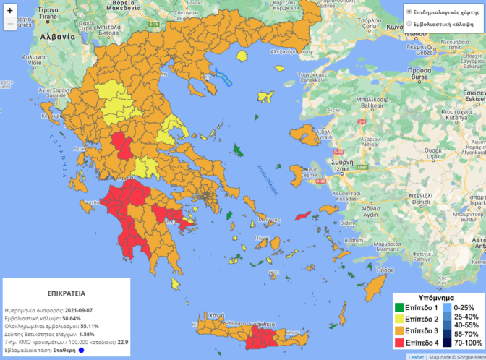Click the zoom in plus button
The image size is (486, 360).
coord(9,11)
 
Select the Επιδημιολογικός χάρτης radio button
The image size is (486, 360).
coord(409,12)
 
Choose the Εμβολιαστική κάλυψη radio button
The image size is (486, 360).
coord(409,24)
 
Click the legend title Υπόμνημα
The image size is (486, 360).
coord(437,296)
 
